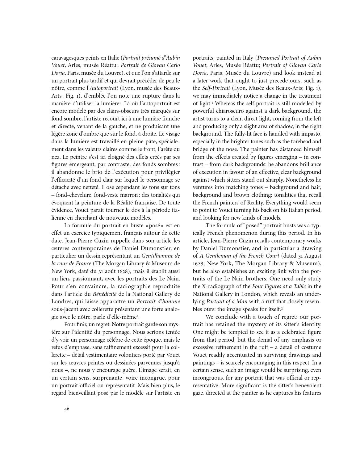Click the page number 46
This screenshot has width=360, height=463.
tap(67, 409)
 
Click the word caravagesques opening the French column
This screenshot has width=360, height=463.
tap(67, 58)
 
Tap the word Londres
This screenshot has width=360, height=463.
tap(61, 301)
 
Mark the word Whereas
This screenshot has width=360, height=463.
tap(225, 103)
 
